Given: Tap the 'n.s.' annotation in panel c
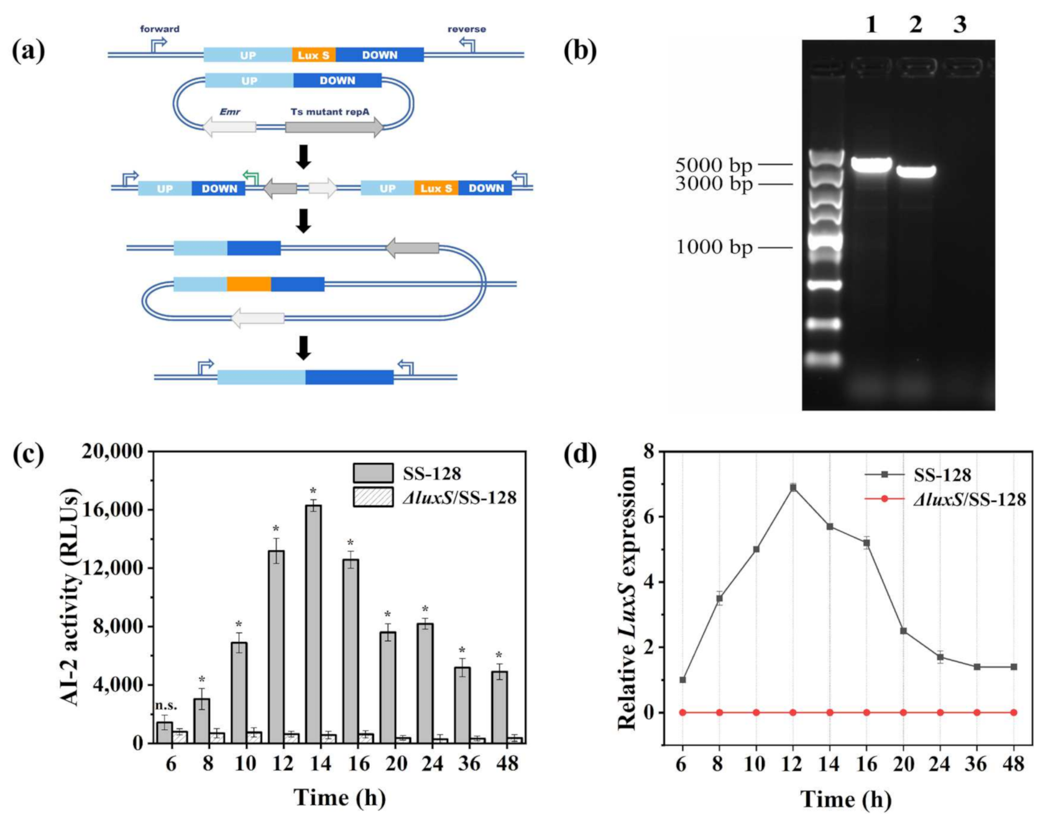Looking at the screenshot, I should coord(166,705).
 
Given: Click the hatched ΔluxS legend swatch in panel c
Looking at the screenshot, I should coord(373,497).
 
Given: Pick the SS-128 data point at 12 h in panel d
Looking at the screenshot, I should coord(793,487).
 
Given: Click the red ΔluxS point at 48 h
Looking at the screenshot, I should coord(1014,712).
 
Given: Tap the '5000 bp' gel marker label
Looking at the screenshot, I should coord(714,165).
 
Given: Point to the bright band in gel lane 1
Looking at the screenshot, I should coord(871,165).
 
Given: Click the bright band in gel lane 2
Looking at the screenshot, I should coord(916,172).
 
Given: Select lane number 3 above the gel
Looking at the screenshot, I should coord(960,25).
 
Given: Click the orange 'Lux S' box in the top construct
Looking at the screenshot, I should coord(313,55).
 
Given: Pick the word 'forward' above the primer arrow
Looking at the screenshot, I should coord(160,29).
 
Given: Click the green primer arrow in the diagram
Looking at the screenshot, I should coord(251,177).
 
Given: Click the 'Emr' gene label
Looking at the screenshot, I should coord(230,112).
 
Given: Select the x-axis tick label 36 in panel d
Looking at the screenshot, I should coord(977,764).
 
